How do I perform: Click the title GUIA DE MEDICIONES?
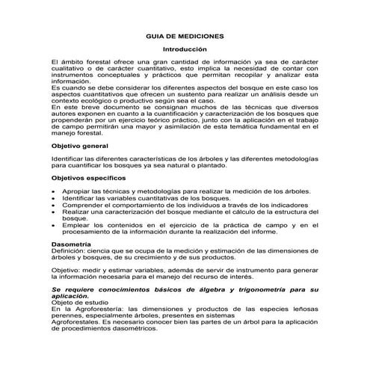tap(185, 35)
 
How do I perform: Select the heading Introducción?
tap(185, 49)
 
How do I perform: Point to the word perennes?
tap(67, 315)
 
